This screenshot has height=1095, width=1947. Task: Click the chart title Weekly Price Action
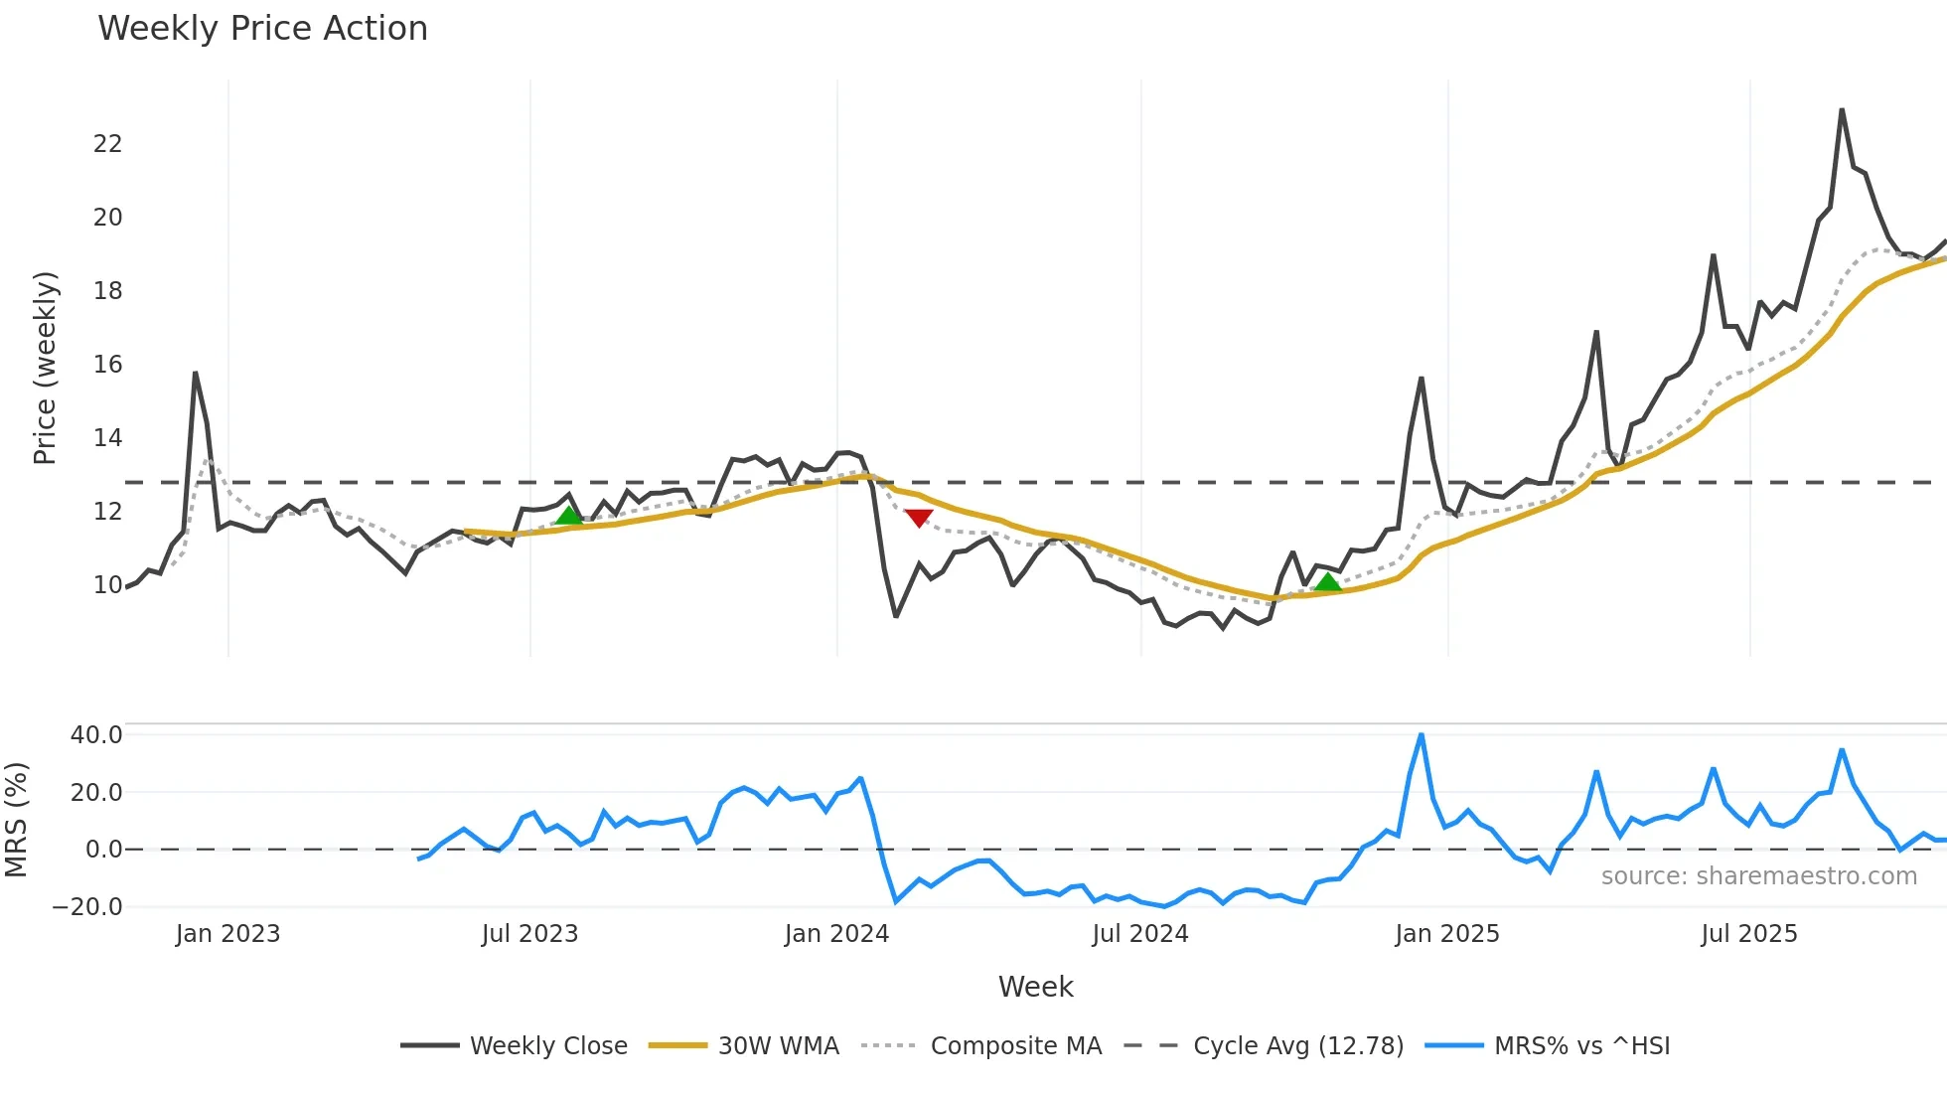262,29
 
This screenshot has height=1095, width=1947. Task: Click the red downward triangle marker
919,518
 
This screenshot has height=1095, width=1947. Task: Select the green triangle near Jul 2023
568,515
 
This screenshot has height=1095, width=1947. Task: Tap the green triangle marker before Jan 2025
1327,582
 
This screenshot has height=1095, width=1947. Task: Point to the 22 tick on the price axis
107,144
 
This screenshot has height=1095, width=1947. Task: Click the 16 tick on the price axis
107,365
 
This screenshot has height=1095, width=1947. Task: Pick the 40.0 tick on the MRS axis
96,735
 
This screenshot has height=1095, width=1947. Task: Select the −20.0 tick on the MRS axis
87,906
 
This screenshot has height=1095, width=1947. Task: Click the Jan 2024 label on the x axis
836,934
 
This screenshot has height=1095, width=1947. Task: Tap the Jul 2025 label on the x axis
1748,934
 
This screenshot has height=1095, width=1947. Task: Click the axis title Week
1035,987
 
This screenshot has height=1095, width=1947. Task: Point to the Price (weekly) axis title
45,369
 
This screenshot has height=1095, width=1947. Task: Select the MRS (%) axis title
16,820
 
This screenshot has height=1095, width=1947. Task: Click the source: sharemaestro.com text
1758,876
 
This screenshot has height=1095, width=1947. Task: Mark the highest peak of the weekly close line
1842,110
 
